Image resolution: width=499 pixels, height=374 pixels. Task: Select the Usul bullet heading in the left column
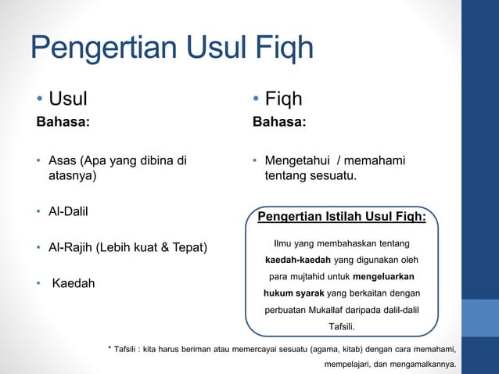pyautogui.click(x=68, y=99)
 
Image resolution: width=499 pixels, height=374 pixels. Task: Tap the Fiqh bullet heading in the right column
pyautogui.click(x=283, y=99)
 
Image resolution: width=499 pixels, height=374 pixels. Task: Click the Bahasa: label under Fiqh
pyautogui.click(x=279, y=122)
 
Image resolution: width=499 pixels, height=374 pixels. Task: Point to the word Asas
pyautogui.click(x=63, y=161)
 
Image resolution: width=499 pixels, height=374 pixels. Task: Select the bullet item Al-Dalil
pyautogui.click(x=68, y=211)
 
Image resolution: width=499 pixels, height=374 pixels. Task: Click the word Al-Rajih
pyautogui.click(x=71, y=248)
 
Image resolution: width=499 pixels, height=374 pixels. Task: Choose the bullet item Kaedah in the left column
pyautogui.click(x=74, y=282)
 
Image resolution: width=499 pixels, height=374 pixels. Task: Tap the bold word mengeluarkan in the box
pyautogui.click(x=384, y=277)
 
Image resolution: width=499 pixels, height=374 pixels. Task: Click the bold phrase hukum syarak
pyautogui.click(x=294, y=293)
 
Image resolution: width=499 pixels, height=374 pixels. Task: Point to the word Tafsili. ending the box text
pyautogui.click(x=341, y=326)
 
